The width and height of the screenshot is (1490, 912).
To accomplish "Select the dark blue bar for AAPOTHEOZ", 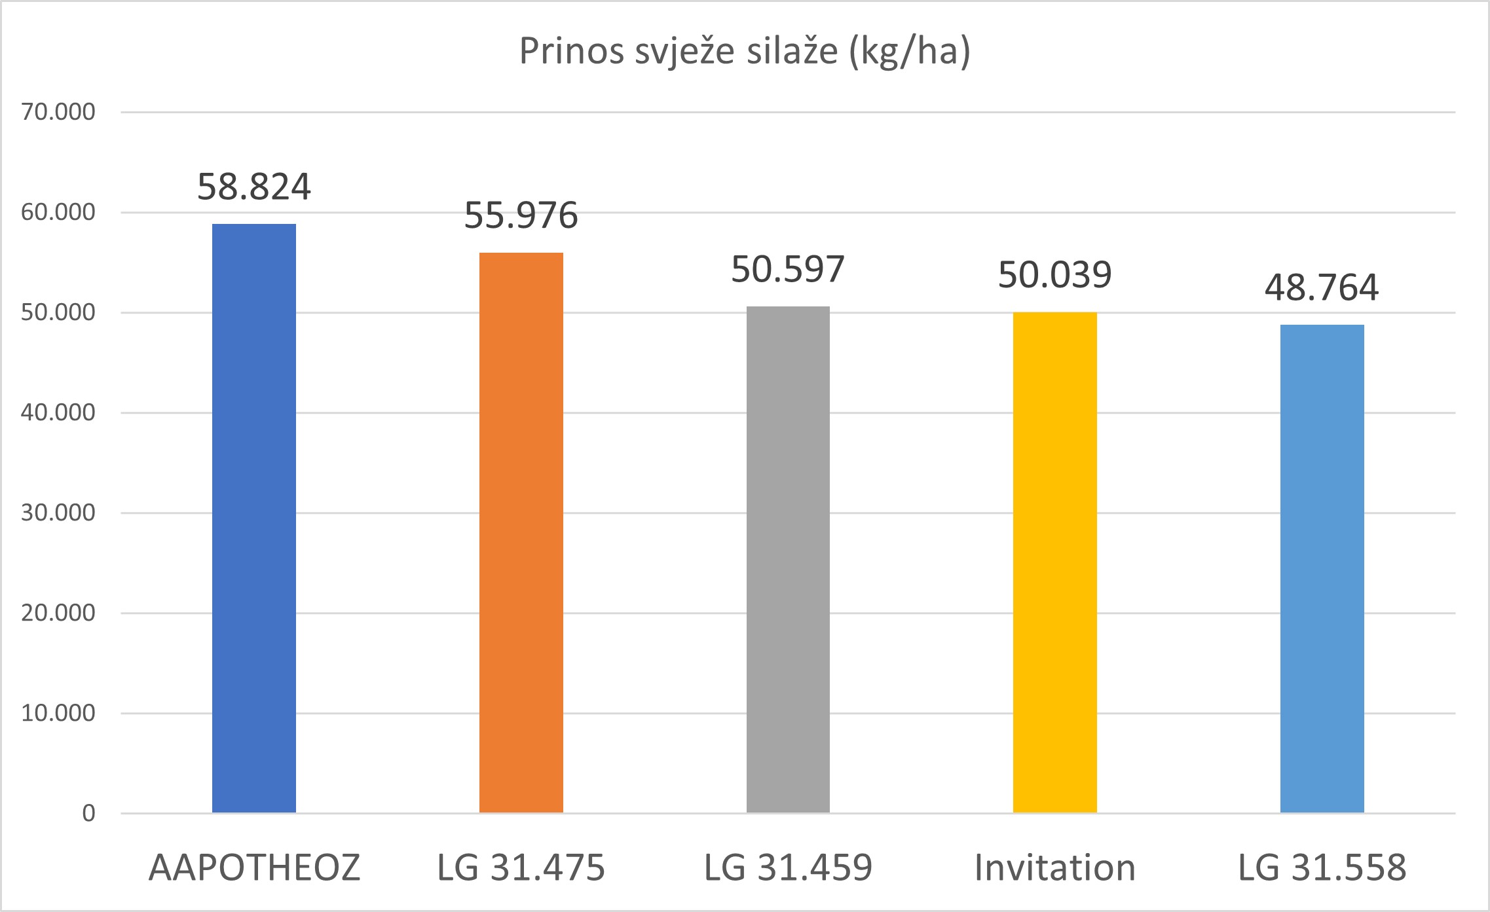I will point(254,517).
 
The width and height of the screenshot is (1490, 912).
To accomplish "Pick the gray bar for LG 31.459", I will point(788,559).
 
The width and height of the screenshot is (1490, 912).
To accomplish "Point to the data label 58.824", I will point(254,187).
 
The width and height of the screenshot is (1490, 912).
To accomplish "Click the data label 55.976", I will point(521,215).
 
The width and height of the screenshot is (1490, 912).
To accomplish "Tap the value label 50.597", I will point(788,269).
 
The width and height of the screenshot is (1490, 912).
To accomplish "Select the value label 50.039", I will point(1054,275).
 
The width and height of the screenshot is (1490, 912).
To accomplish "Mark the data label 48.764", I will point(1322,287).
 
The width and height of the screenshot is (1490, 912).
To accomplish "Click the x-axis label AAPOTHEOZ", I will point(254,867).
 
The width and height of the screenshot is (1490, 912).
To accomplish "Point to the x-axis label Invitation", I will point(1054,867).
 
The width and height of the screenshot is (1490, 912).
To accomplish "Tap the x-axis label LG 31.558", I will point(1322,867).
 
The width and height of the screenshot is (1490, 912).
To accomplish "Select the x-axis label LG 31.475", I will point(521,867).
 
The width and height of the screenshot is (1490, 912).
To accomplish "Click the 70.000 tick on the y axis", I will point(58,112).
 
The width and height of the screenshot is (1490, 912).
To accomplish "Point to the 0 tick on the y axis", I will point(88,813).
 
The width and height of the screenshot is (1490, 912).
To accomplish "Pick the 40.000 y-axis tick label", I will point(58,412).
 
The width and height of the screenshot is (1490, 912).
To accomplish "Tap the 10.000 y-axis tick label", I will point(58,713).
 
